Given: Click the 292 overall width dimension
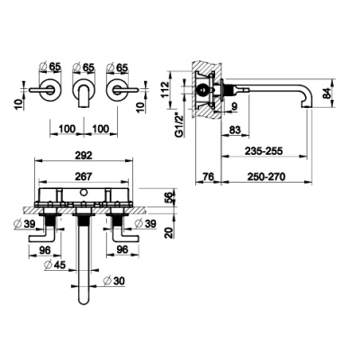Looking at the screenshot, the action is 84,155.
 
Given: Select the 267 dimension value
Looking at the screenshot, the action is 84,176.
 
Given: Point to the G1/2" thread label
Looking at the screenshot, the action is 179,124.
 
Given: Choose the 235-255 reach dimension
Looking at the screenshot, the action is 264,151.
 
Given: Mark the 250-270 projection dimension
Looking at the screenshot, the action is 266,176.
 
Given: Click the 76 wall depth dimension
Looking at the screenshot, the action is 207,176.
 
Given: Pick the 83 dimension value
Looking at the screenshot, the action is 235,130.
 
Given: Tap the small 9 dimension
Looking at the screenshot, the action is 234,106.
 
